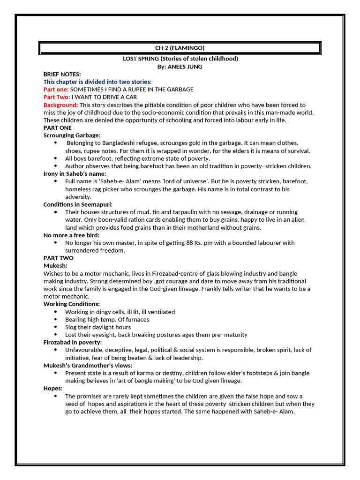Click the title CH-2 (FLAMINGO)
click(180, 48)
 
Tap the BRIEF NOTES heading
click(62, 74)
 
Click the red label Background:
click(61, 105)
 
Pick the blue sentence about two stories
click(97, 82)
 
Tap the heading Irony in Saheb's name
click(75, 173)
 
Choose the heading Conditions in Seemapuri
click(78, 204)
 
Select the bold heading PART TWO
click(58, 258)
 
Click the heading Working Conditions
click(72, 304)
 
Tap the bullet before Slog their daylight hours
click(56, 327)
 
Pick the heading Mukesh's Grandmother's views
click(88, 365)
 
